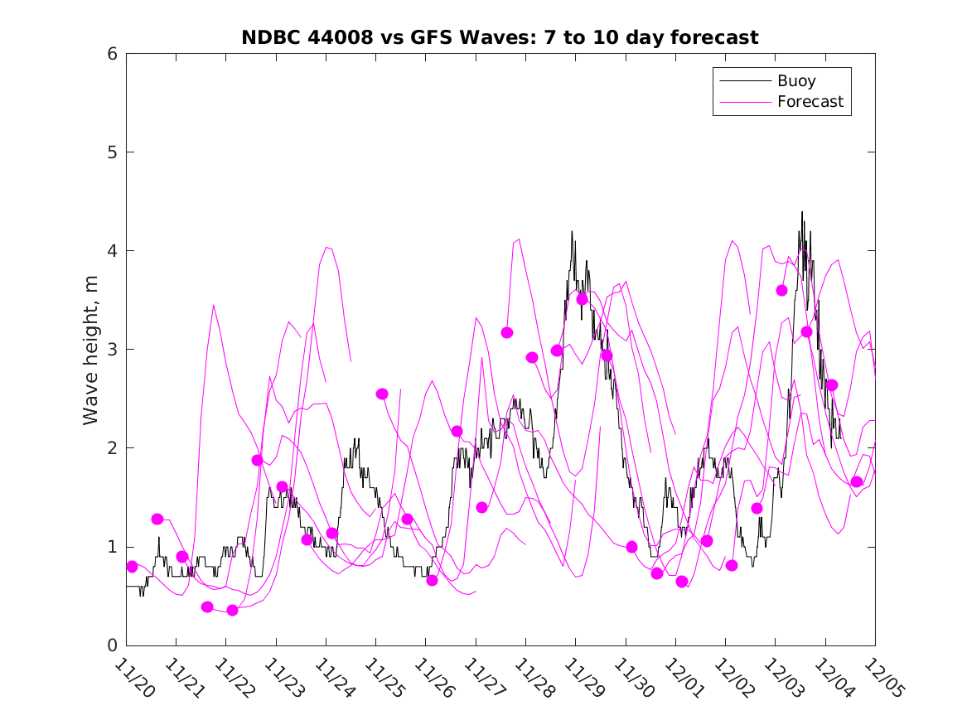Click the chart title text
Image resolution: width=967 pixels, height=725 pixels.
pyautogui.click(x=500, y=37)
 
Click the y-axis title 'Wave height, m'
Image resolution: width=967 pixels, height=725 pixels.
pyautogui.click(x=91, y=350)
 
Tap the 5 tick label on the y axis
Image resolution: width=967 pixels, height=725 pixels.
pyautogui.click(x=110, y=152)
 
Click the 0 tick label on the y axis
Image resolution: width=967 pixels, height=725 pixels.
pyautogui.click(x=110, y=645)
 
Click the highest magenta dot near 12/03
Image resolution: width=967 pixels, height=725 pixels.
pyautogui.click(x=781, y=290)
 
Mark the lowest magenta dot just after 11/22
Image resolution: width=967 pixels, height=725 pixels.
pyautogui.click(x=232, y=611)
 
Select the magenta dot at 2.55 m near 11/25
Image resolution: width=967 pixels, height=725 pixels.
pyautogui.click(x=382, y=394)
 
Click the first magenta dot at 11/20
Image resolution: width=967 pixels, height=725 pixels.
pyautogui.click(x=132, y=567)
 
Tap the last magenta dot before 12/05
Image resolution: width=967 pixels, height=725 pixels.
pyautogui.click(x=857, y=482)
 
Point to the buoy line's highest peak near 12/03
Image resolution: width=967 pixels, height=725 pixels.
pyautogui.click(x=802, y=212)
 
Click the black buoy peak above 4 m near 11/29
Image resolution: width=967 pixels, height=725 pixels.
pyautogui.click(x=572, y=232)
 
